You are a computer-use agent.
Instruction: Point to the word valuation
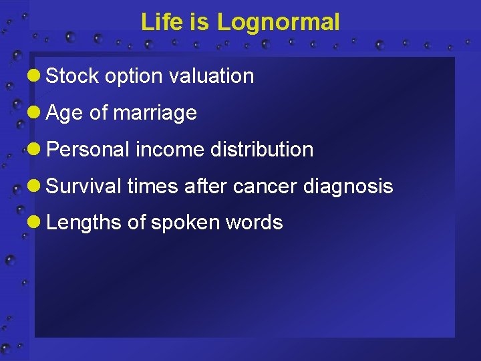coord(212,76)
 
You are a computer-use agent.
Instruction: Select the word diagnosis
coord(348,187)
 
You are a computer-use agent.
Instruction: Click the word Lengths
coord(84,223)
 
